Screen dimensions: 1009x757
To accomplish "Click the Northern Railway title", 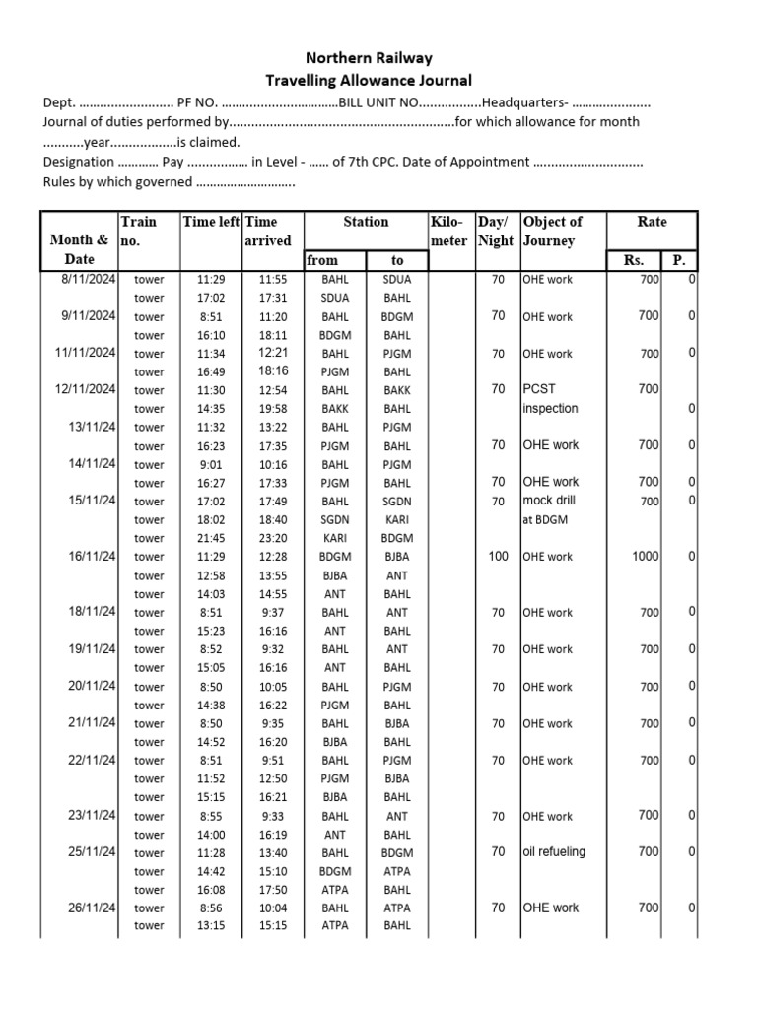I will coord(370,59).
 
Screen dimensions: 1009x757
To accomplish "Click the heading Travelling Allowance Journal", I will coord(370,81).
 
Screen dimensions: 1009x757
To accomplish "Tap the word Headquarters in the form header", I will coord(523,102).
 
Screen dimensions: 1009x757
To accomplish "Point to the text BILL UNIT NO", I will coord(380,102).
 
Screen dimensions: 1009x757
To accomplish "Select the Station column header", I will coord(366,223).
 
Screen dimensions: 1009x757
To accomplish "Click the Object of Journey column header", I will coord(553,232).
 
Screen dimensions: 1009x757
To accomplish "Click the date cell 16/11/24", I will coord(93,557).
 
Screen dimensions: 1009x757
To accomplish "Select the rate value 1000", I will coord(645,557).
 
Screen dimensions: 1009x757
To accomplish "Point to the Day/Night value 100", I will coord(499,557).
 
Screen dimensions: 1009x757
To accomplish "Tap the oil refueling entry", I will coord(554,852).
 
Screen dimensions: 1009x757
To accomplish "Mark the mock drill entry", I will coord(550,501).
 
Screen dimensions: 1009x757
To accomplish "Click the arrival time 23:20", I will coord(273,538).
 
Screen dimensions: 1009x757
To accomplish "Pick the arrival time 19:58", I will coord(273,409).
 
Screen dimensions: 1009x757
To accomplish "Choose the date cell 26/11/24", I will coord(93,908).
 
